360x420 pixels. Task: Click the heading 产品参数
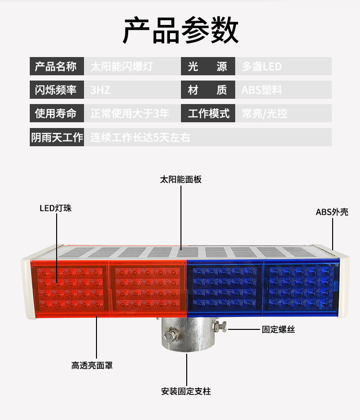click(x=180, y=30)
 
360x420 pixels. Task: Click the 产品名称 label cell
click(x=56, y=66)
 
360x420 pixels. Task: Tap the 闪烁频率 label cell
click(x=56, y=90)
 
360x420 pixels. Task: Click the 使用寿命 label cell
click(x=56, y=113)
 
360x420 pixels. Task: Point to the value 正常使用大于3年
click(x=130, y=113)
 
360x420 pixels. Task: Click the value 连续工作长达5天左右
click(x=140, y=137)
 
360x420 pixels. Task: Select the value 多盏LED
click(x=262, y=66)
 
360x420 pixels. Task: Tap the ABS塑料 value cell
click(x=262, y=90)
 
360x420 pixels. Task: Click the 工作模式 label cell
click(x=208, y=113)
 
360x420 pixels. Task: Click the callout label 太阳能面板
click(x=180, y=179)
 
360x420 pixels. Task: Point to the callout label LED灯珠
click(x=55, y=208)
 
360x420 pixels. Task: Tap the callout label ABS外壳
click(x=332, y=211)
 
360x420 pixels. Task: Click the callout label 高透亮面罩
click(x=92, y=365)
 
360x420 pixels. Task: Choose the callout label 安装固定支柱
click(x=186, y=391)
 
